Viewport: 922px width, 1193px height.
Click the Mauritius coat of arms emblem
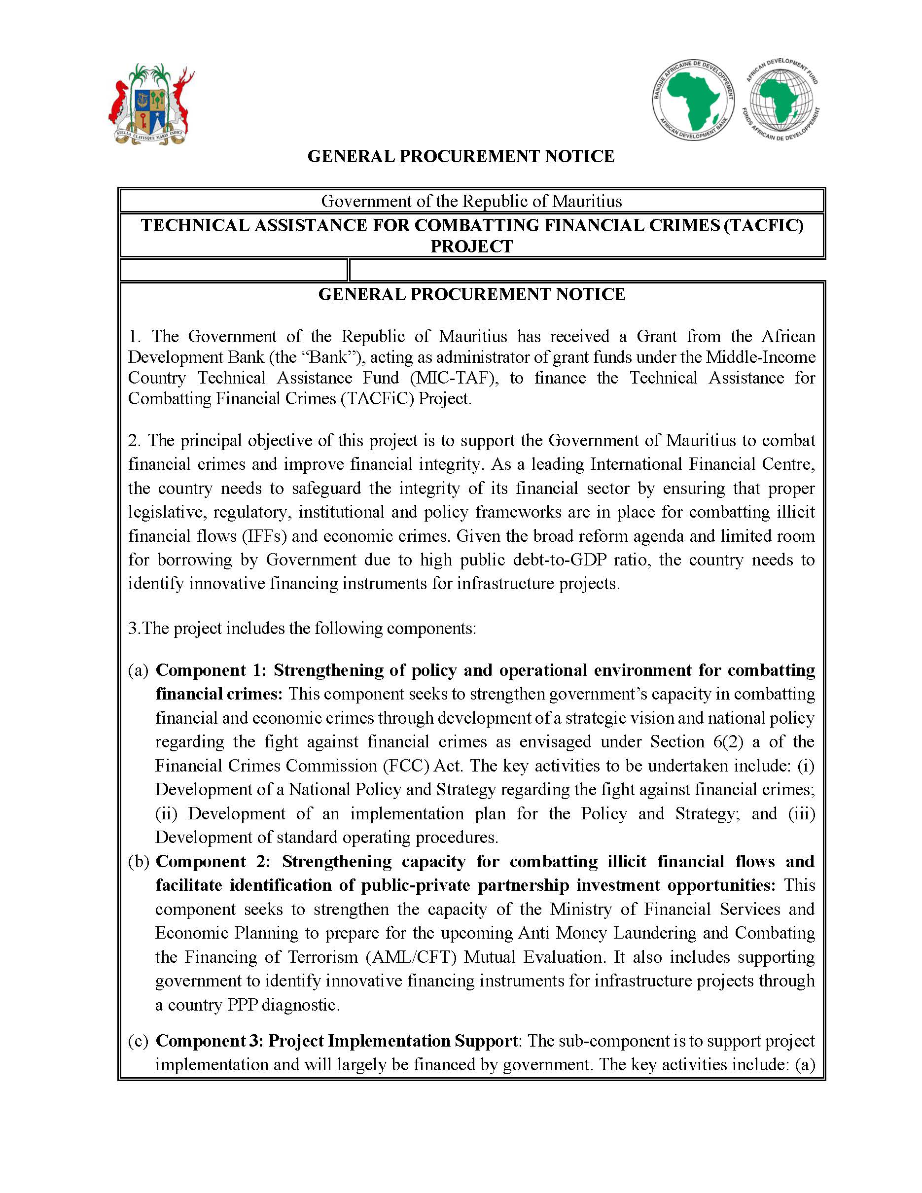pos(151,105)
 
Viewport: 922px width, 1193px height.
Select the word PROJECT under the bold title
pos(471,246)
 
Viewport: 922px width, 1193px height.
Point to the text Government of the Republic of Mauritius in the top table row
pos(471,201)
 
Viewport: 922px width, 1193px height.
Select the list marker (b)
pos(139,861)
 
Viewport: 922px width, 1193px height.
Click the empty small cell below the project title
pos(233,270)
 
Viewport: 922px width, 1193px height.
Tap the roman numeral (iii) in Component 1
pos(801,814)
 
